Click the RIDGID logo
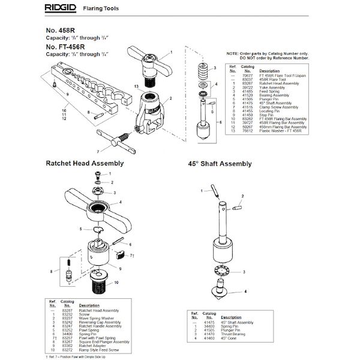(x=63, y=7)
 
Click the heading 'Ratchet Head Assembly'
(x=85, y=163)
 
